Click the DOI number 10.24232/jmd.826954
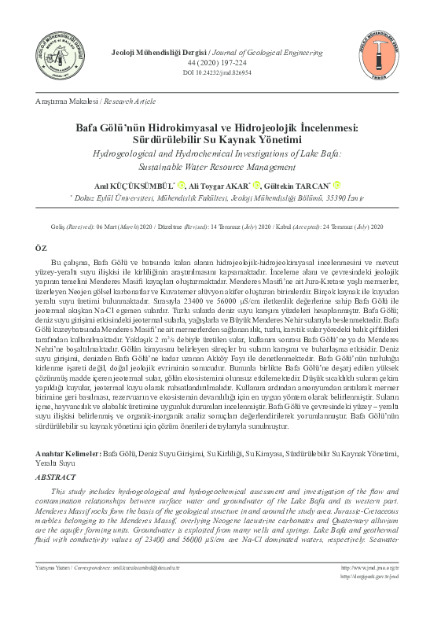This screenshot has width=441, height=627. tap(221, 72)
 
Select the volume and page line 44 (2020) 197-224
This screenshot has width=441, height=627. tap(220, 62)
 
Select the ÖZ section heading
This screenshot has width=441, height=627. tap(42, 246)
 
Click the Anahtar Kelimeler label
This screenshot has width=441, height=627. tap(70, 454)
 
